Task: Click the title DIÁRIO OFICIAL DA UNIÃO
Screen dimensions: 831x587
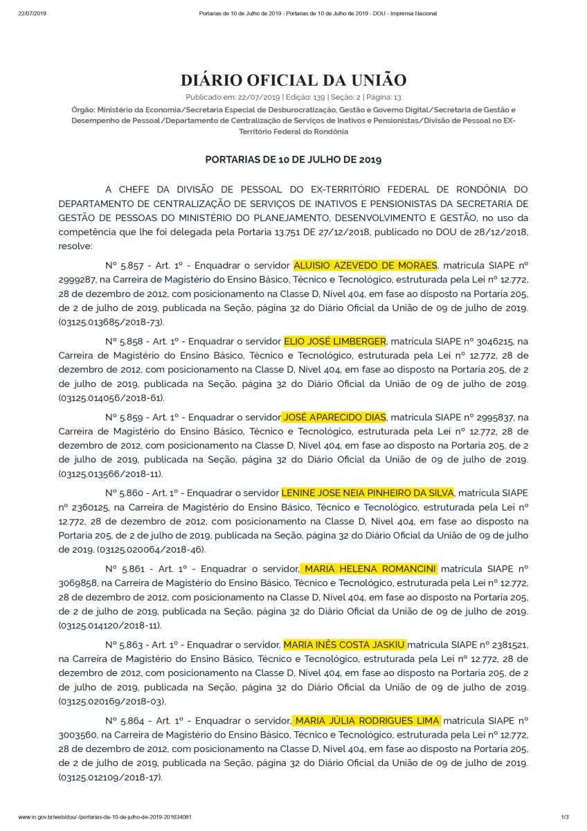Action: [293, 80]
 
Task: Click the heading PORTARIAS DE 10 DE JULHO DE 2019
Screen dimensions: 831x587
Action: [293, 159]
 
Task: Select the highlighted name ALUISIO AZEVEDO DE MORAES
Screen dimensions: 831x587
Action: [365, 265]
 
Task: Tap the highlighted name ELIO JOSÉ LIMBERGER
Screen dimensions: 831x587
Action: [335, 341]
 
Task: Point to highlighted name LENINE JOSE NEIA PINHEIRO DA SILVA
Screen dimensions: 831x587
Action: [368, 493]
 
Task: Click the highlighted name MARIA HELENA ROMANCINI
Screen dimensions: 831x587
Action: [370, 569]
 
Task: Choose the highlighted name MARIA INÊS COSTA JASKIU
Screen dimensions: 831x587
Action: [345, 645]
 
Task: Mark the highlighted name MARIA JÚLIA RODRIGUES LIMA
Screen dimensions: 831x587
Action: [366, 721]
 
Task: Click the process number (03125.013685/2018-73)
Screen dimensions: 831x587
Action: [111, 322]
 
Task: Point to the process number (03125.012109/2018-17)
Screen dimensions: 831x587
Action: [111, 778]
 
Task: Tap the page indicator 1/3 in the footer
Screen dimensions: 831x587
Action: [564, 817]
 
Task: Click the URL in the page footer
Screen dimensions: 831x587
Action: [105, 817]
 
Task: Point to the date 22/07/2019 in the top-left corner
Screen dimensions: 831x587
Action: [31, 14]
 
